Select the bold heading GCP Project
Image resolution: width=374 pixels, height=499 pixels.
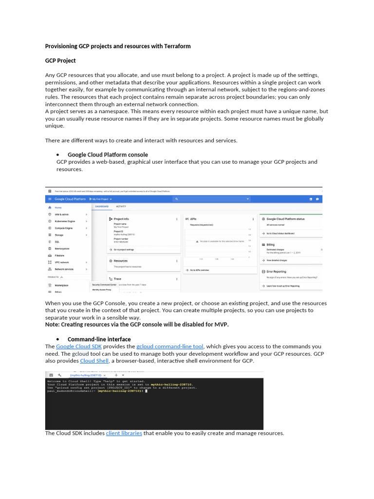click(x=60, y=61)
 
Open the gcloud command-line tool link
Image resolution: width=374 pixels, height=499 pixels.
click(x=170, y=346)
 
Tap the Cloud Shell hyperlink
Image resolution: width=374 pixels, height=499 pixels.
click(x=94, y=361)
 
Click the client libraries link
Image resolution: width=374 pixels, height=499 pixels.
click(x=124, y=433)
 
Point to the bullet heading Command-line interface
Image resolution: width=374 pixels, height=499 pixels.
click(x=99, y=339)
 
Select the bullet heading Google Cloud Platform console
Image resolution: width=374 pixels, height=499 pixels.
click(x=108, y=155)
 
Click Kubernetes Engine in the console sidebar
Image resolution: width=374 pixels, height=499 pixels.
click(x=65, y=221)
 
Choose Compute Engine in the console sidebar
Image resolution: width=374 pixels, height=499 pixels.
click(x=63, y=228)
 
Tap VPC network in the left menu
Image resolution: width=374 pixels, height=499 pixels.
click(x=62, y=262)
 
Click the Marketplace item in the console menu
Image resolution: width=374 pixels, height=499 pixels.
click(x=61, y=285)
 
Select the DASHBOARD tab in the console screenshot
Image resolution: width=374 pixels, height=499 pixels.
click(x=101, y=207)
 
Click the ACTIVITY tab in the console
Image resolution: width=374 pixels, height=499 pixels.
click(x=120, y=207)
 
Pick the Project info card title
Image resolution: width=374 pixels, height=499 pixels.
click(x=121, y=219)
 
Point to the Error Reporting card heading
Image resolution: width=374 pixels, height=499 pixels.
click(x=276, y=271)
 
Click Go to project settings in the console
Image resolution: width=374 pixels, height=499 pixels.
click(x=124, y=249)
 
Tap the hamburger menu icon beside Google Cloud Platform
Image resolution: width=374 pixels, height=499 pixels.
click(x=50, y=199)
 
